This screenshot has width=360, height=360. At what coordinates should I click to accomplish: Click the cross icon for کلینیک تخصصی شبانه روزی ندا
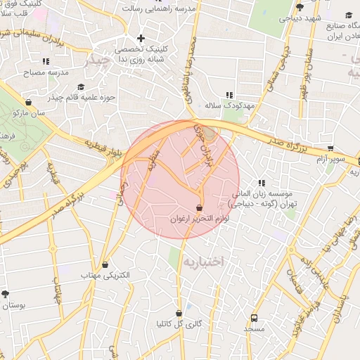click(141, 38)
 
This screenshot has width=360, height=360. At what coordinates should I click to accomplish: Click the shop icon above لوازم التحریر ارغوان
click(200, 208)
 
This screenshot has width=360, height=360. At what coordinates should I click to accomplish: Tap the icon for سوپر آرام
click(331, 148)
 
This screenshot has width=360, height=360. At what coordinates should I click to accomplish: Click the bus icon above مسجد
click(254, 317)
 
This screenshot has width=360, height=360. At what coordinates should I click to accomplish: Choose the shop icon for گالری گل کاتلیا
click(179, 313)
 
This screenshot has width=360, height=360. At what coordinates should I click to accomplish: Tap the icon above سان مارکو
click(28, 101)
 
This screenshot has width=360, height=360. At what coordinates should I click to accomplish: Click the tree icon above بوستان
click(6, 293)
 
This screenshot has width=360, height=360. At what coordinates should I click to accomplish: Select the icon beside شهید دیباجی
click(300, 7)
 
